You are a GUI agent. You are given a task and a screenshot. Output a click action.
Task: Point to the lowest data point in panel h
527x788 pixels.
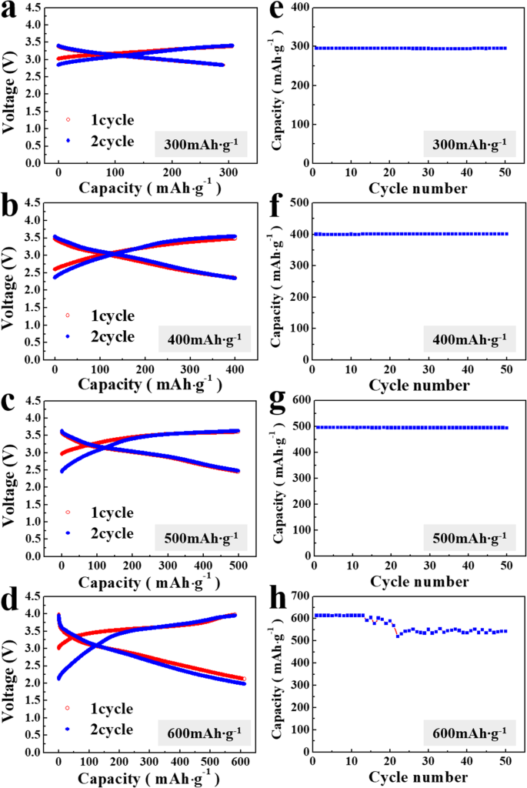click(398, 636)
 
